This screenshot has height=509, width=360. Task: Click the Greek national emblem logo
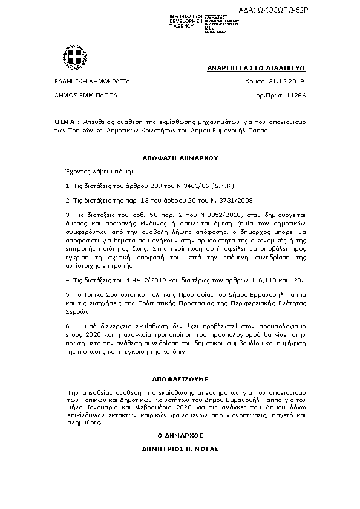[x=77, y=57]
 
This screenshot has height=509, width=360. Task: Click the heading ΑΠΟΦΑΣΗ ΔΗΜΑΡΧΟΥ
[x=180, y=157]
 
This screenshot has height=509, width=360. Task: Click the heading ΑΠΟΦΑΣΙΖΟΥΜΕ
[x=180, y=380]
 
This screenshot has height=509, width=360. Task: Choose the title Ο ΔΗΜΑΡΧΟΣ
[x=180, y=435]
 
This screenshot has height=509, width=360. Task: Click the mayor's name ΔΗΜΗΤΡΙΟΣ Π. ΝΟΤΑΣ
[x=180, y=449]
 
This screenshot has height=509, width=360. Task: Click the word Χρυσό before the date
[x=255, y=80]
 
